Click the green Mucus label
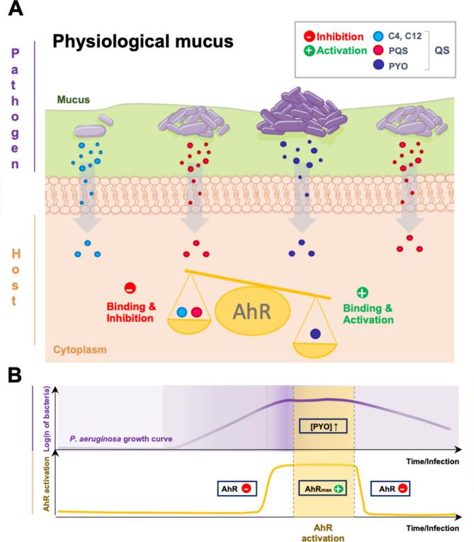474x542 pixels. coord(74,99)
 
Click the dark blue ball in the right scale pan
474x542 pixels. coord(315,333)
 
